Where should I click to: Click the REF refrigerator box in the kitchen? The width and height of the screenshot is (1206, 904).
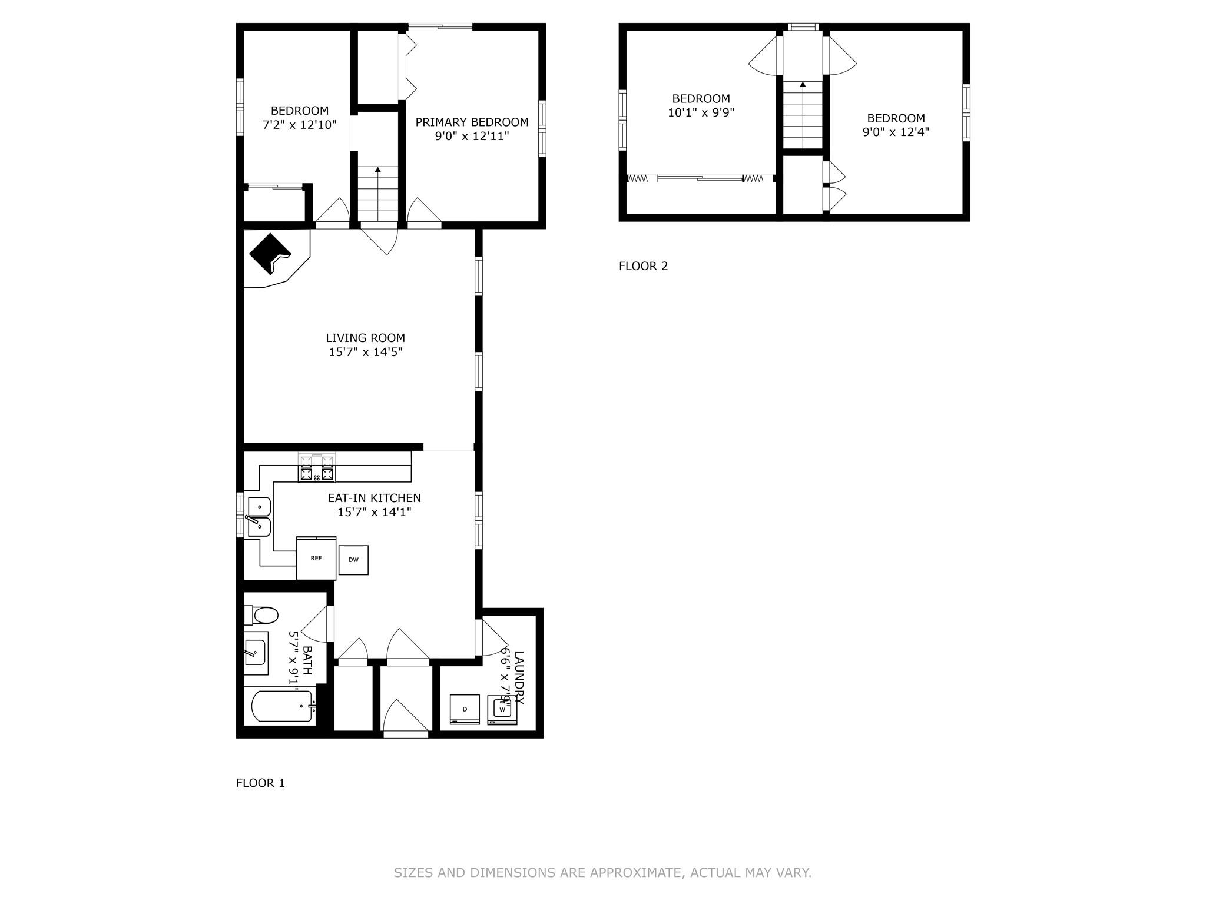point(316,558)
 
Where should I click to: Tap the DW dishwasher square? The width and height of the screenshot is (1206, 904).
point(353,560)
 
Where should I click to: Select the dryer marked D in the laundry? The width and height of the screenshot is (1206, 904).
point(465,709)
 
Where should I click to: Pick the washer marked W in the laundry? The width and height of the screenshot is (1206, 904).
point(502,710)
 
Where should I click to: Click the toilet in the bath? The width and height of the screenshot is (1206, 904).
point(262,616)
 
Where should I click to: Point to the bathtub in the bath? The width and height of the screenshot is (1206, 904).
point(282,706)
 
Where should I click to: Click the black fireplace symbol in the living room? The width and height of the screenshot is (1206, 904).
point(269,252)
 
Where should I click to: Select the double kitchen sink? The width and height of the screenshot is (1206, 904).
point(259,517)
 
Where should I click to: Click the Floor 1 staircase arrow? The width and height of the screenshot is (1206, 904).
point(377,170)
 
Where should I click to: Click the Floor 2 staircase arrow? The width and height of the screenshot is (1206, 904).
point(803,85)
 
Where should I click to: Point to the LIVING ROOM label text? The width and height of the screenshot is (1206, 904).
point(365,338)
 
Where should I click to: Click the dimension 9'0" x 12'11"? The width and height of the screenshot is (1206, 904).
point(472,136)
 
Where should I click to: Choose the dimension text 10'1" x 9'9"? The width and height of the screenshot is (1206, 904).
point(701,112)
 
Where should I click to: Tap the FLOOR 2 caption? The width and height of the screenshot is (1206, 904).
point(643,266)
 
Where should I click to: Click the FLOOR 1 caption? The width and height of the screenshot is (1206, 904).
point(260,783)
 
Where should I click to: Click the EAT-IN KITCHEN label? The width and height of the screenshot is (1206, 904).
point(374,498)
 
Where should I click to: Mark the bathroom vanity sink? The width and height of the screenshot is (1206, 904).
point(256,652)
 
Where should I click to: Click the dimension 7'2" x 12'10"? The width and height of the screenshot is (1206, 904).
point(299,125)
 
